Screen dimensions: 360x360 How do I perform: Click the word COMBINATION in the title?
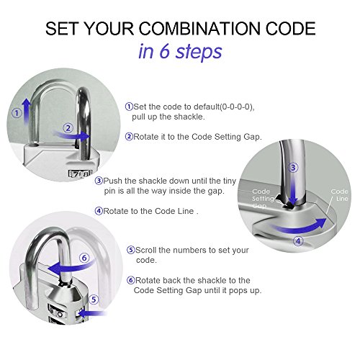point(199,29)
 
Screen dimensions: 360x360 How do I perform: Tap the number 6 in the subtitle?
point(165,51)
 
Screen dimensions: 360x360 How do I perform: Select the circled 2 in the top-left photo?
point(68,128)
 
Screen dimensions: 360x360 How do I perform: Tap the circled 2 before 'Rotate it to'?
point(129,137)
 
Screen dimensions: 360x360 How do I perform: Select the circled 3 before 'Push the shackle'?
point(99,181)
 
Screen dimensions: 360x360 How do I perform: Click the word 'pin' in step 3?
point(110,192)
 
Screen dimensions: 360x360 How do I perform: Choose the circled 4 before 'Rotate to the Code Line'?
point(99,211)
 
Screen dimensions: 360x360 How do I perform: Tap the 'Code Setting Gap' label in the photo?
point(263,199)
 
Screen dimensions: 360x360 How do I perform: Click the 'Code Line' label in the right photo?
point(339,195)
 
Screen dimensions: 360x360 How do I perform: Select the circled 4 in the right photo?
point(298,240)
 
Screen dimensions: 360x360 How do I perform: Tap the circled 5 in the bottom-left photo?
point(94,300)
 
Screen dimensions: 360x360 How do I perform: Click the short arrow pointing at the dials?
point(92,313)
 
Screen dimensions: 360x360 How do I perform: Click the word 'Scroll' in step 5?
point(146,250)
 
